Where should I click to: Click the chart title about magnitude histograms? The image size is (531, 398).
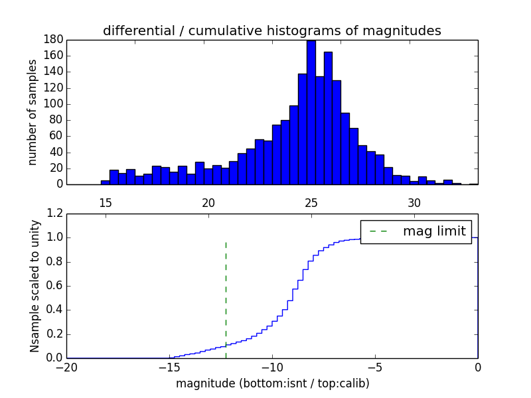point(271,31)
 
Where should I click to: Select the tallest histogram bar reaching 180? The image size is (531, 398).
point(311,113)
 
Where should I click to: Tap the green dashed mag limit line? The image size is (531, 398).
point(226,292)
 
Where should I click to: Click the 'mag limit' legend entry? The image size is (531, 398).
point(416,232)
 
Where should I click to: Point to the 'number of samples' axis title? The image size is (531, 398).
point(32,112)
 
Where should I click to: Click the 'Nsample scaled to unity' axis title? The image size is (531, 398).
point(35,285)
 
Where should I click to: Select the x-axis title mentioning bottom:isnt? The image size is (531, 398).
point(272,383)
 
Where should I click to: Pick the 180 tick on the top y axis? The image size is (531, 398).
point(54,40)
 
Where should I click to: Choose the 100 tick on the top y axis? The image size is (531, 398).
point(54,104)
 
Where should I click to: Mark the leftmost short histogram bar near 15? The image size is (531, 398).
point(105,182)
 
